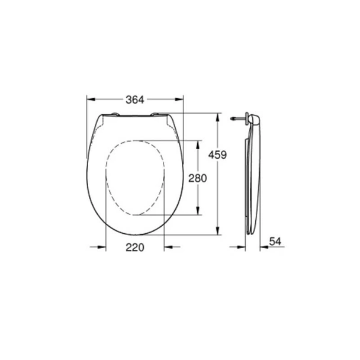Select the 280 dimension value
197,177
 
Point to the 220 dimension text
135,248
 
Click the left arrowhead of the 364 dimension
90,99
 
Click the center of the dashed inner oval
135,177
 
